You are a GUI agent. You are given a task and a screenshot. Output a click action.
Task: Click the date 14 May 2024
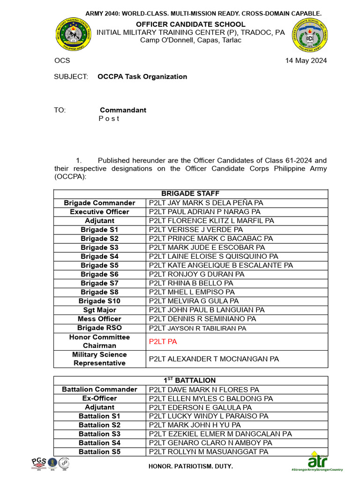coord(306,60)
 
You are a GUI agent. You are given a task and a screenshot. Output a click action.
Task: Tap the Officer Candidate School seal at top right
coord(310,36)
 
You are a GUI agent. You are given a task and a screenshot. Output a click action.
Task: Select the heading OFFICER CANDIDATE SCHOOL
coord(190,24)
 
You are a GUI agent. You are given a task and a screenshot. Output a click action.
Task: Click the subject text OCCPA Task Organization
coord(142,76)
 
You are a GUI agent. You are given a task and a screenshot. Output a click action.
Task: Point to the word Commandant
coord(123,110)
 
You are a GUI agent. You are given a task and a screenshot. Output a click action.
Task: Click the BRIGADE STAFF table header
coord(190,194)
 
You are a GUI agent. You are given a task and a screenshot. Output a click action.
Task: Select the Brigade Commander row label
coord(99,203)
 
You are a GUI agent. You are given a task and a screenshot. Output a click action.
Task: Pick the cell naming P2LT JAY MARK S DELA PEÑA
coord(206,203)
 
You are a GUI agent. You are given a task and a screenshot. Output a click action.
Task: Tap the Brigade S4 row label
coord(99,256)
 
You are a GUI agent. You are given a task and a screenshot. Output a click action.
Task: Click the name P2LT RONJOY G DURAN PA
coord(196,274)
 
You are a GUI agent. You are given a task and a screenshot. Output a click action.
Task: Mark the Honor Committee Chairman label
coord(99,341)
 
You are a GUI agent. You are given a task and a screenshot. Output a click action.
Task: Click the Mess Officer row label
coord(99,319)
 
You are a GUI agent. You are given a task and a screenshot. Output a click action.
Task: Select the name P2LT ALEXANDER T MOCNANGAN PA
coord(214,359)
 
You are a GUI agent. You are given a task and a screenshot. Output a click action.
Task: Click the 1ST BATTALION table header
coord(190,381)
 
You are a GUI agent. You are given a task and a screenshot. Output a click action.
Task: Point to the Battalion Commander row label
coord(99,390)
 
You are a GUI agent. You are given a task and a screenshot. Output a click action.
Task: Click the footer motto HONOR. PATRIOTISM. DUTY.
coord(190,467)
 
